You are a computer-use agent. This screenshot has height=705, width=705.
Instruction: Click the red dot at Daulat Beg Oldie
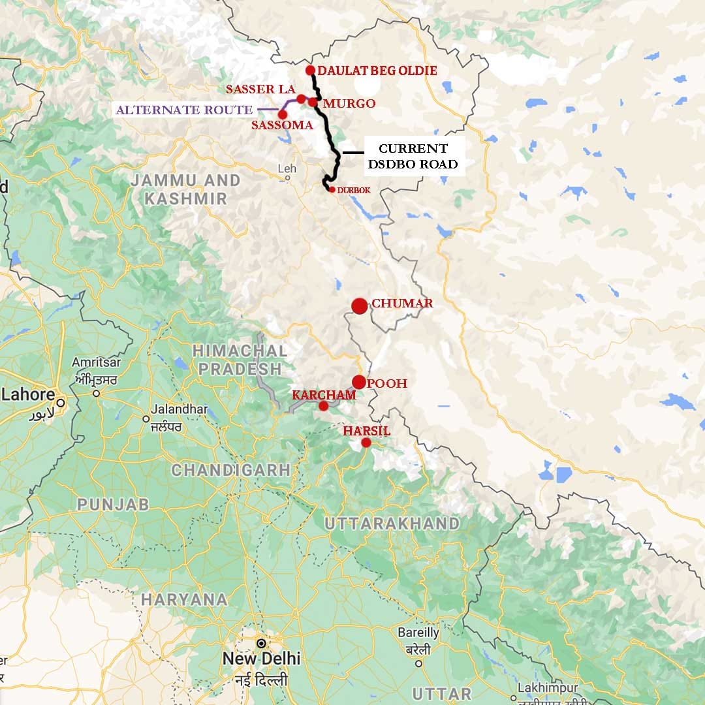311,70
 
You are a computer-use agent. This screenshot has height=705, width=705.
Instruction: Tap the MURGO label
349,103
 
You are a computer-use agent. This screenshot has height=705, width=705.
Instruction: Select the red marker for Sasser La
301,99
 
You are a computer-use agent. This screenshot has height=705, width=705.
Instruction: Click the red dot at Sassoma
282,114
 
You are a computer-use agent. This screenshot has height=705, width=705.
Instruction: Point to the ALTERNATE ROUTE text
184,110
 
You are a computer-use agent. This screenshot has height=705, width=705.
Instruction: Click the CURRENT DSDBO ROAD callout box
413,156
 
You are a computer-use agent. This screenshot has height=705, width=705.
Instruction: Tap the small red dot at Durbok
332,189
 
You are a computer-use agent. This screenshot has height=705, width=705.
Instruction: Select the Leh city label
287,168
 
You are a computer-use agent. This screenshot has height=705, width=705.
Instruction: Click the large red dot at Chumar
359,305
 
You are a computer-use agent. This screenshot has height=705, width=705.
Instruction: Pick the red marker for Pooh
358,382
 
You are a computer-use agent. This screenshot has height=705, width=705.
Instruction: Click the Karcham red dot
323,406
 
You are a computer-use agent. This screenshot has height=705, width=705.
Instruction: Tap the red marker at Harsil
366,443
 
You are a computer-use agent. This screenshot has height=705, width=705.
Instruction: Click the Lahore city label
28,395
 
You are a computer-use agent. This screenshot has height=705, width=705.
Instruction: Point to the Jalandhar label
178,409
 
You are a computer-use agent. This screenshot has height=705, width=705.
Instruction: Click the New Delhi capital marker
261,642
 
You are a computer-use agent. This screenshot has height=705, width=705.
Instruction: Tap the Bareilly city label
418,633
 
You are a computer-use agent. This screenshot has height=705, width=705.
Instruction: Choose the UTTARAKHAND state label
392,524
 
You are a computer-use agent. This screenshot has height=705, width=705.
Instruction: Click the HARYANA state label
184,599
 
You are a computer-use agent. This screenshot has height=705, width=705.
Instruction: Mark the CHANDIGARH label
230,469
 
